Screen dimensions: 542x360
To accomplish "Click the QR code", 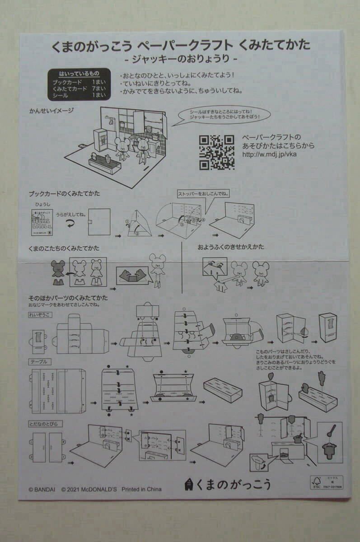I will click(217, 152).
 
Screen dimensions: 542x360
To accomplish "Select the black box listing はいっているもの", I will click(79, 84).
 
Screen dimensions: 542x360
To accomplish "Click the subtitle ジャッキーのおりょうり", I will click(181, 59).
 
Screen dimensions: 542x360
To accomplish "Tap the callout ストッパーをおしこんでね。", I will click(204, 195).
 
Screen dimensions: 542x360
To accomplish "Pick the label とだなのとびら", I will click(46, 424).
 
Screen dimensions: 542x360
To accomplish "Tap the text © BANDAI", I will click(42, 489).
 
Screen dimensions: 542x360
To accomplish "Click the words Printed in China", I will click(141, 489).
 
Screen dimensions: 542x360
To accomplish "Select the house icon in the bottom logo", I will click(189, 484).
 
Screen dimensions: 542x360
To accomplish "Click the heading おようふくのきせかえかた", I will click(230, 247).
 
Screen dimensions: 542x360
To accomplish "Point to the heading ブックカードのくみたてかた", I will click(64, 194).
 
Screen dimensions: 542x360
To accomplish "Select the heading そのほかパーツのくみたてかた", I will click(68, 298).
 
